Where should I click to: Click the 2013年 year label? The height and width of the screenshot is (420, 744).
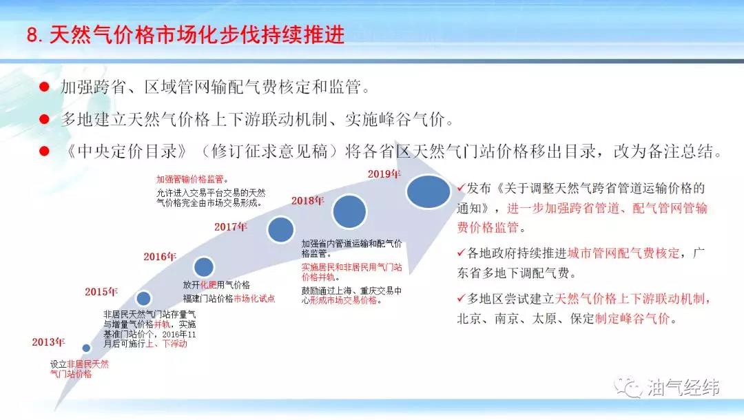click(48, 342)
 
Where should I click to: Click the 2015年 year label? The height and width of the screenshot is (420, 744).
click(101, 291)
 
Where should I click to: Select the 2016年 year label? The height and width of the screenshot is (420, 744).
click(160, 256)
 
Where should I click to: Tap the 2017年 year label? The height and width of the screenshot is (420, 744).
click(231, 227)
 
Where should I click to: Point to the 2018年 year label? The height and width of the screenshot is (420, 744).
click(307, 200)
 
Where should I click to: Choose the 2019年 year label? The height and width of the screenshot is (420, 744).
click(384, 174)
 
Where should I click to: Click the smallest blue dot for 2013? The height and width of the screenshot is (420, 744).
click(86, 348)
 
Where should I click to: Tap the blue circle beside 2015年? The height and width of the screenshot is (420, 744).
click(143, 298)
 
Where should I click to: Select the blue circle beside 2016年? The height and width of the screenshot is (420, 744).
click(204, 267)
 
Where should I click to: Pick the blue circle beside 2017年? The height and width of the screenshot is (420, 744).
click(281, 229)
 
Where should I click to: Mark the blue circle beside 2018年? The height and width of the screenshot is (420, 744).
click(350, 211)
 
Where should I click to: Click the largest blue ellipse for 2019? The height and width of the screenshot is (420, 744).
click(428, 191)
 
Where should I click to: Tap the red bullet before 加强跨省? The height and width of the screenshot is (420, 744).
click(45, 87)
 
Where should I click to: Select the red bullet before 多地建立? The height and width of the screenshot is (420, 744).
click(45, 119)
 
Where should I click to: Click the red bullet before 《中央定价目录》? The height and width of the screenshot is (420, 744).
click(45, 151)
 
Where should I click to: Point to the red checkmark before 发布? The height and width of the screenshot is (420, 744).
click(461, 188)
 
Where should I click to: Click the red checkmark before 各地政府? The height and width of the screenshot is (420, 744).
click(461, 253)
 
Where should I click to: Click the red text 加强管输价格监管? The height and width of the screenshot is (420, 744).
click(190, 179)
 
